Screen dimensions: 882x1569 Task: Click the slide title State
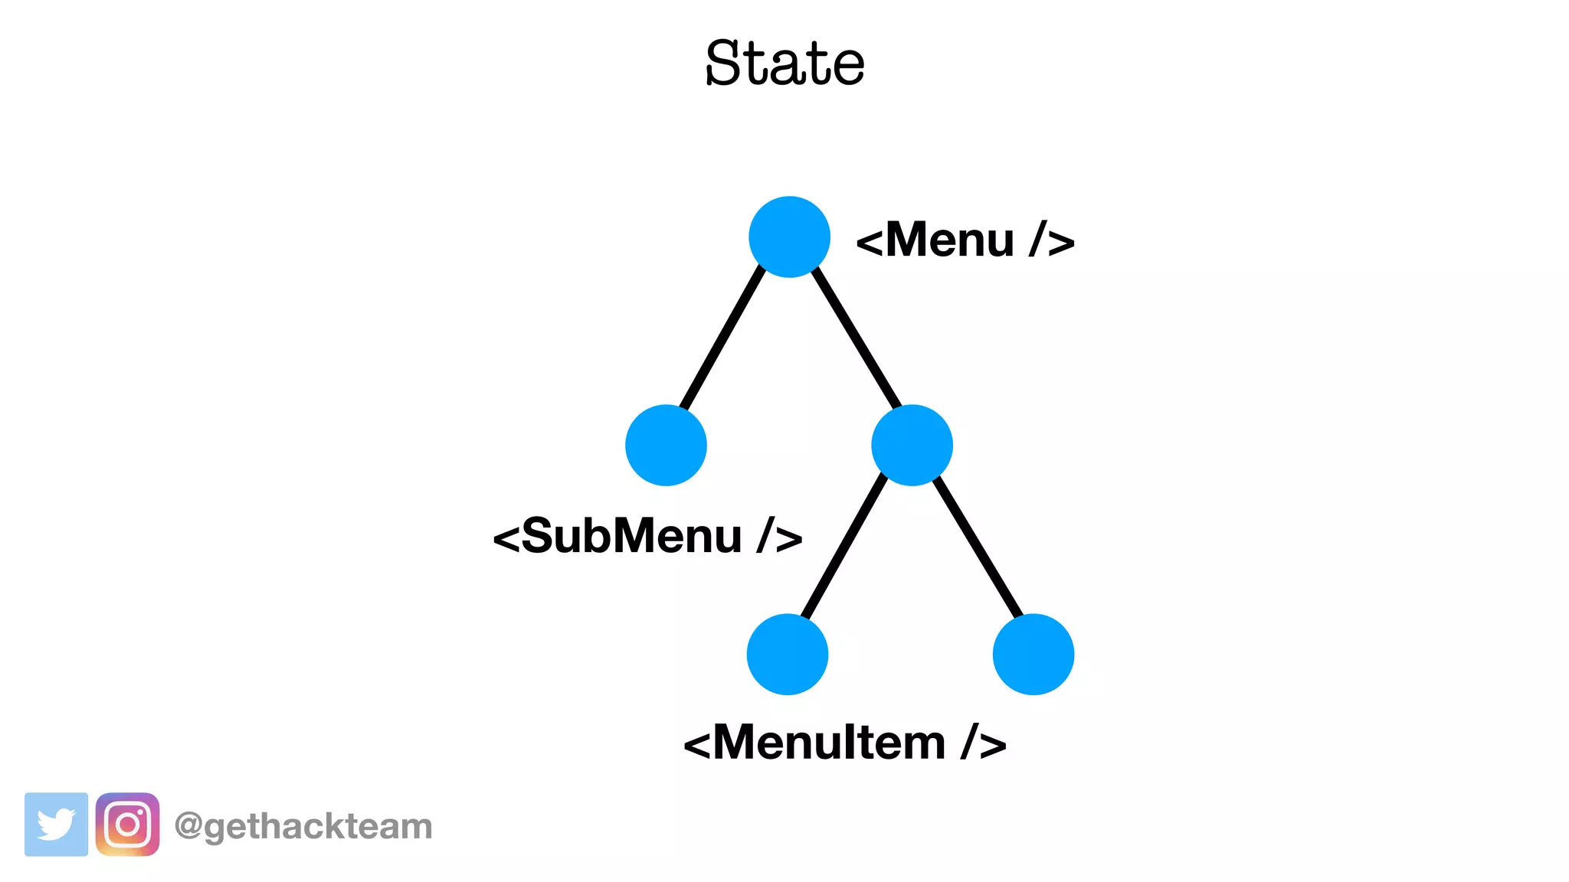[784, 63]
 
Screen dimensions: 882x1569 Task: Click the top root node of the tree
[789, 237]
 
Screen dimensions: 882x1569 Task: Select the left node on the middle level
[666, 445]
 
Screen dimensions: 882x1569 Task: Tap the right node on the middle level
[912, 445]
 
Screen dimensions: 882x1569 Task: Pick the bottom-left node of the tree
[788, 654]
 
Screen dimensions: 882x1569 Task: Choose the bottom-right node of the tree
[1033, 654]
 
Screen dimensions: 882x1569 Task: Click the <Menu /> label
[965, 240]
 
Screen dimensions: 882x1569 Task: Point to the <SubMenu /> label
[647, 535]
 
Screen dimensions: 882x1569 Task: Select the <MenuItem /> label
[844, 742]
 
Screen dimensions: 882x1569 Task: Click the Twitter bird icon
[56, 825]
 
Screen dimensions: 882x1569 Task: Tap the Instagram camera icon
[127, 825]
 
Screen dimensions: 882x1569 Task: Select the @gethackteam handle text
[303, 826]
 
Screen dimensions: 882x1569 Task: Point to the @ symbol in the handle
[188, 826]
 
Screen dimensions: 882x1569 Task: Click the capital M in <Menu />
[911, 240]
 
